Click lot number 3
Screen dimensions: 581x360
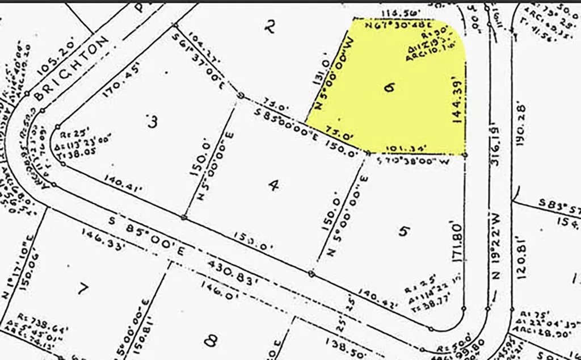click(151, 122)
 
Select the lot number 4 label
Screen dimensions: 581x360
click(274, 186)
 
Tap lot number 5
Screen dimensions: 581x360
click(403, 231)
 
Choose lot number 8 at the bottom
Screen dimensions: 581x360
click(211, 340)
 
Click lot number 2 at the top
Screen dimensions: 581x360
click(271, 26)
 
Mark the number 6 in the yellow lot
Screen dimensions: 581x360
click(388, 88)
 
